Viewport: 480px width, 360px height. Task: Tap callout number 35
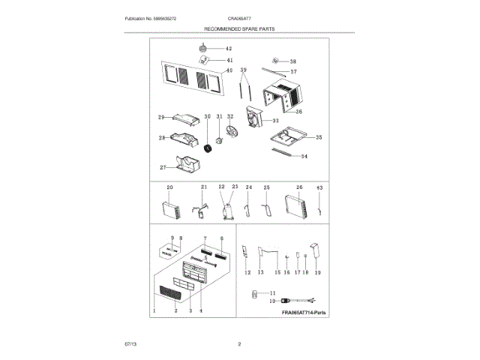click(318, 137)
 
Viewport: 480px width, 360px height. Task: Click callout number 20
click(169, 187)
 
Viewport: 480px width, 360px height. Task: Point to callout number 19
click(317, 273)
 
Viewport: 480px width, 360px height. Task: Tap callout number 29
click(160, 117)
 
